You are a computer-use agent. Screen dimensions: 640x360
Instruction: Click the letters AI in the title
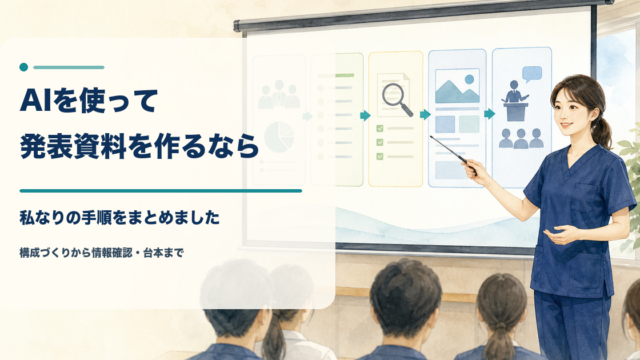point(36,100)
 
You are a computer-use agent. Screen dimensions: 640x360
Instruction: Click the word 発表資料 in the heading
point(73,147)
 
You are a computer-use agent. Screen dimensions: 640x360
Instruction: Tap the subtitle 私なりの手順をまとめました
point(120,218)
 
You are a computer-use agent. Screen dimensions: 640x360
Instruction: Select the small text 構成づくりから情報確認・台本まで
point(102,253)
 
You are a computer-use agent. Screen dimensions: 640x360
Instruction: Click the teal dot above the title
point(24,67)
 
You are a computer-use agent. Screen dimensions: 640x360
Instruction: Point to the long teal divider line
point(161,191)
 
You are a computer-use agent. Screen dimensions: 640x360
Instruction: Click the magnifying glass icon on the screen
point(397,99)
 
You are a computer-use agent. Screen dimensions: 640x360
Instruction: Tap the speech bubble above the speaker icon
point(532,74)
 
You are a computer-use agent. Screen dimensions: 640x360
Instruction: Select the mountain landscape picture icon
point(457,86)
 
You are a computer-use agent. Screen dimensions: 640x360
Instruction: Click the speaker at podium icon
point(515,100)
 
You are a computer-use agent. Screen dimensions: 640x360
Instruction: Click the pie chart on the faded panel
point(279,137)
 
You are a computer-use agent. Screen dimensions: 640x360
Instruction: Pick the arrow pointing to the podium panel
point(489,114)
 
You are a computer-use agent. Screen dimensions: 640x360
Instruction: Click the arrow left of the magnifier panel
point(365,116)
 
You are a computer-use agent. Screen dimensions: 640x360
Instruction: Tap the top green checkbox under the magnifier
point(380,129)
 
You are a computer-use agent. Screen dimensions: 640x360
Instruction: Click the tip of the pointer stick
point(431,136)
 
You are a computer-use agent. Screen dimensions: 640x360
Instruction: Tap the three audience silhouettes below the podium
point(521,138)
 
